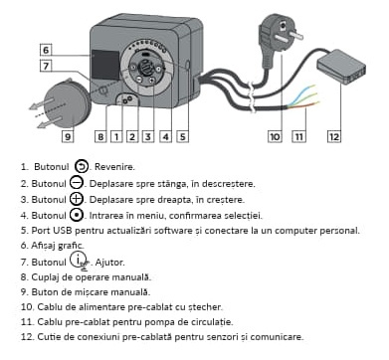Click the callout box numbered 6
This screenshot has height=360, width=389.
point(46,50)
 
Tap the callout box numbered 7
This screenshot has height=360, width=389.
point(46,66)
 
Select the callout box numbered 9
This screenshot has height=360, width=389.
point(68,136)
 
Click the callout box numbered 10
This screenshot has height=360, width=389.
point(275,136)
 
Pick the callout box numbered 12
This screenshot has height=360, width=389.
point(334,136)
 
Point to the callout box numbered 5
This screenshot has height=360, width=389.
point(183,136)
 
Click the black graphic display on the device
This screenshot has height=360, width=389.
point(105,65)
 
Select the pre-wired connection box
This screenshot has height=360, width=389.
point(341,67)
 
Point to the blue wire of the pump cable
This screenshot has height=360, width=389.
point(300,95)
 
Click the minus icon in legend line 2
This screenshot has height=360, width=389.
point(77,183)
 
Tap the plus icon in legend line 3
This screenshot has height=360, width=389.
point(77,199)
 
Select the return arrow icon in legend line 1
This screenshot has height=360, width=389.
point(82,166)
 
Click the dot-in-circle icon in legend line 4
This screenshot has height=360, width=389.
point(77,215)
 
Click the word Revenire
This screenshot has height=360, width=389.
point(114,167)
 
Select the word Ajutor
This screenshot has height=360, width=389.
point(110,263)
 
